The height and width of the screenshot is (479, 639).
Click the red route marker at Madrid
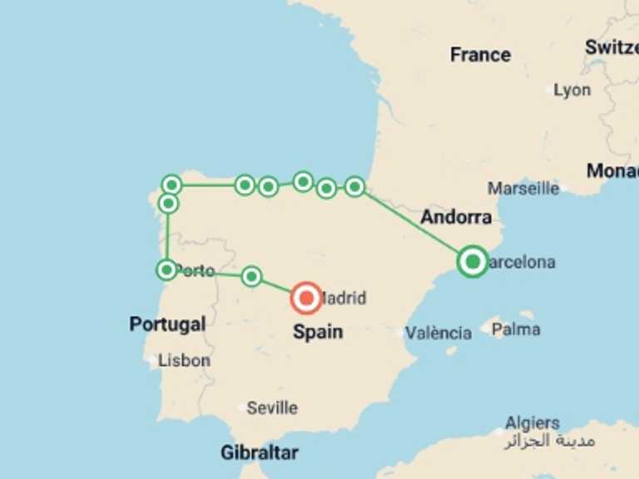click(307, 297)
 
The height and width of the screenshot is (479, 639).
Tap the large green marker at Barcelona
click(473, 262)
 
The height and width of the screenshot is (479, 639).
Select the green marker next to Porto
click(166, 269)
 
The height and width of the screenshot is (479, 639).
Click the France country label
click(480, 55)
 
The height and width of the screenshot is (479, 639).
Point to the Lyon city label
click(572, 90)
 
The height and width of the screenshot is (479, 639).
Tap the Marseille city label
click(523, 188)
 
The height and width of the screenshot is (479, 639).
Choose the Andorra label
click(455, 218)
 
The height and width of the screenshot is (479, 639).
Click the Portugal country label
click(167, 323)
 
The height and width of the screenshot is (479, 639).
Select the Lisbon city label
click(184, 361)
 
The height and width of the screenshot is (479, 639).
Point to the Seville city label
click(271, 407)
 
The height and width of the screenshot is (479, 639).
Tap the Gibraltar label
click(259, 453)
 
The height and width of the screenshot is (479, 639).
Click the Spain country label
click(317, 332)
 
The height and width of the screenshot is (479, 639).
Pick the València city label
click(438, 333)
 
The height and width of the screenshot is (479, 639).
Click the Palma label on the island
click(515, 329)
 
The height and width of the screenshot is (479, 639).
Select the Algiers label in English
click(532, 422)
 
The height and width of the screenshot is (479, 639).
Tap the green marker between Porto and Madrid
click(251, 276)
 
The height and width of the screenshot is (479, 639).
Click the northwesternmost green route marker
click(171, 185)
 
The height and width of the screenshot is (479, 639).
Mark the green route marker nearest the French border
click(354, 186)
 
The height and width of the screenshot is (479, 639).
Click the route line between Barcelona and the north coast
click(414, 225)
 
